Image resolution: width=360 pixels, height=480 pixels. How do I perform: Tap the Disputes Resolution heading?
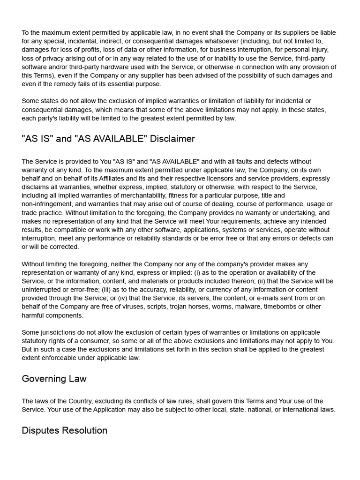64,430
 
